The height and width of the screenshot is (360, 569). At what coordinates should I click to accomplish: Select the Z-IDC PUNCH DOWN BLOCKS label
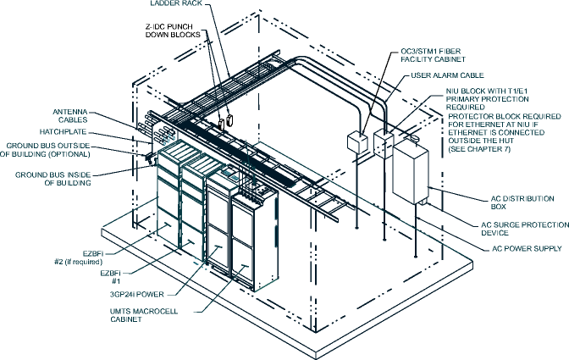(x=174, y=32)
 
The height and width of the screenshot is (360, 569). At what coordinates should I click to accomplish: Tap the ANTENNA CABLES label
(x=75, y=116)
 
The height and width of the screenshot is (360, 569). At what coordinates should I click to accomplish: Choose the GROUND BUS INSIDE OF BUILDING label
(x=55, y=179)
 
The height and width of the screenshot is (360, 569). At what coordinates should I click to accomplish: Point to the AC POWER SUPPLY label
(x=527, y=249)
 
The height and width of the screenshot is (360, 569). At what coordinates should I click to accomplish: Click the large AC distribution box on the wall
(x=412, y=174)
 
